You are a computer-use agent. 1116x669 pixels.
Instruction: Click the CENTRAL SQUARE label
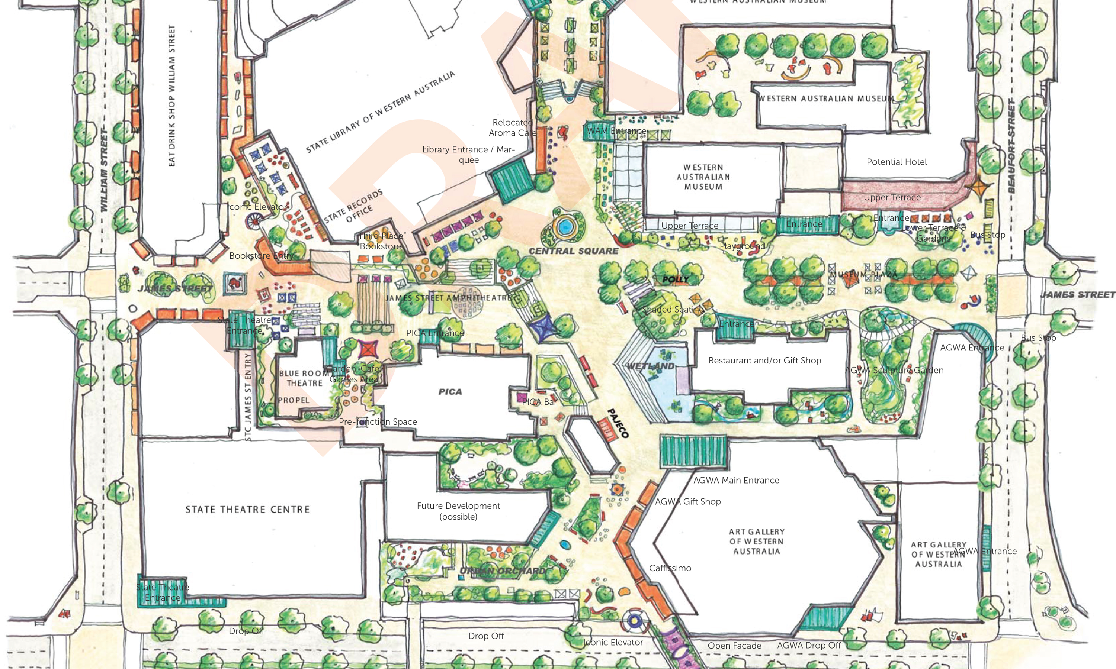tap(573, 251)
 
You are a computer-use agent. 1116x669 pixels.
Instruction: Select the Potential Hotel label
tap(896, 162)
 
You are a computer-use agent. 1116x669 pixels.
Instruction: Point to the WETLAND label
tap(651, 366)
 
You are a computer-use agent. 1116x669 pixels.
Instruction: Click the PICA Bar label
tap(539, 402)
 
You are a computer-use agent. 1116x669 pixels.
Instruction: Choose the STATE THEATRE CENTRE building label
tap(248, 510)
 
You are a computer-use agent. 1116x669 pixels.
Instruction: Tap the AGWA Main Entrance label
tap(736, 480)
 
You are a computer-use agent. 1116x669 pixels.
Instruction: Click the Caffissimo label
tap(670, 568)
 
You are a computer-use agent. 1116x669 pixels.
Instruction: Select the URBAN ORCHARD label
tap(503, 571)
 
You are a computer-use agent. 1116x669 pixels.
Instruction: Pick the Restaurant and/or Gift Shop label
tap(764, 360)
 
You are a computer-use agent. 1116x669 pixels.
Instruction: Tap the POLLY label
tap(675, 279)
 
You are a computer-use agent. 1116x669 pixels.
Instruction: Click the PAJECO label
tap(618, 423)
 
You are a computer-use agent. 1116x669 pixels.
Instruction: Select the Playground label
tap(743, 246)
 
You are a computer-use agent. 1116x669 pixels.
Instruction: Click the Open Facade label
tap(734, 646)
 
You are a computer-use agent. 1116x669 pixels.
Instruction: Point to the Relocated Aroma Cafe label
tap(513, 127)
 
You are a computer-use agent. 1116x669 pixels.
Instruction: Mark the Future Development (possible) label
tap(458, 511)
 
